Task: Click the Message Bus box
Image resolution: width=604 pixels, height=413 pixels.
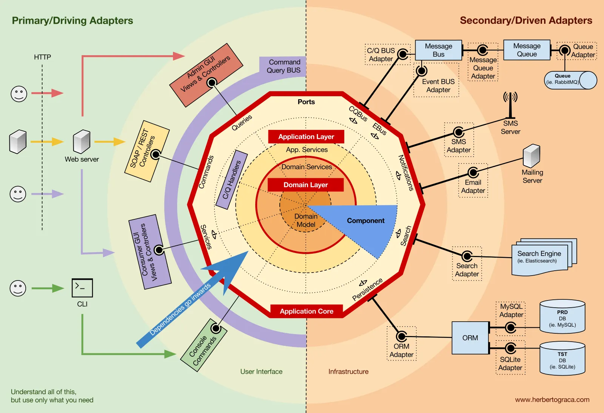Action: tap(438, 50)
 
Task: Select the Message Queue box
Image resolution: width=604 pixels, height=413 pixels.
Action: tap(527, 50)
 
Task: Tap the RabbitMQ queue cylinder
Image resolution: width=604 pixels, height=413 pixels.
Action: tap(570, 80)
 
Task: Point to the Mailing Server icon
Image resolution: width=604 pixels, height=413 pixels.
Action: tap(532, 156)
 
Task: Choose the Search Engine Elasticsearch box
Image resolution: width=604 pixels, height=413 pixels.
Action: tap(539, 257)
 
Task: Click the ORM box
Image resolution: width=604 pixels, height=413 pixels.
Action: tap(470, 338)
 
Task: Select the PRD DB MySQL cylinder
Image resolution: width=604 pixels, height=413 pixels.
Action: tap(562, 317)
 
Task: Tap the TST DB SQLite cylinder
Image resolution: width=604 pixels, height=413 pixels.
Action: tap(562, 359)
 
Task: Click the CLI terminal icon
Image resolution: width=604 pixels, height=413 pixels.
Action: tap(82, 288)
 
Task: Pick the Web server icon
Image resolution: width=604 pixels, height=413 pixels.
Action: tap(82, 142)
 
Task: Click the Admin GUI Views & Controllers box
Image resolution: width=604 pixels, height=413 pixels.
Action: tap(206, 75)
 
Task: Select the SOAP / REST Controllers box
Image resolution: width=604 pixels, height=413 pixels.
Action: tap(146, 151)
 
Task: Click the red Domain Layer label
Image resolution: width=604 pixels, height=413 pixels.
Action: tap(305, 185)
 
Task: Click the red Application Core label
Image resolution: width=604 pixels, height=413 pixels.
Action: tap(306, 311)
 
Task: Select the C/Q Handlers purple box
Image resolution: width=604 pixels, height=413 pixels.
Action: tap(232, 180)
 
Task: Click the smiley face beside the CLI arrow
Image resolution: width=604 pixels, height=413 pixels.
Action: tap(18, 288)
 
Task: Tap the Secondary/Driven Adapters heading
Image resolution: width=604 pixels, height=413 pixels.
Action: tap(525, 20)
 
